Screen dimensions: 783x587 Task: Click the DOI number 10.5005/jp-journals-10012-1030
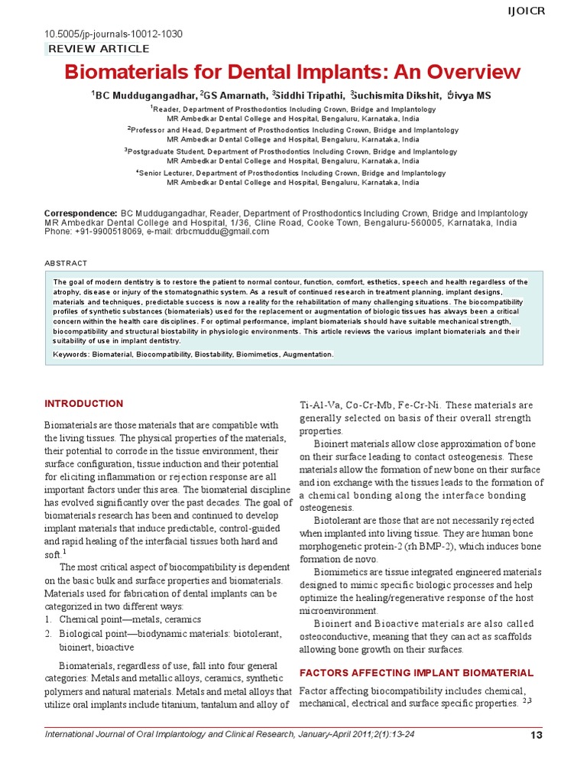coord(114,34)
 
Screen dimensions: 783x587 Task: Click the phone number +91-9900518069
coord(105,231)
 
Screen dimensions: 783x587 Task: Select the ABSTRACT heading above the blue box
coord(66,263)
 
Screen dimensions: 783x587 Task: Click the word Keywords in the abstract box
coord(71,355)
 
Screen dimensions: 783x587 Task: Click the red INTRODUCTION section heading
coord(84,404)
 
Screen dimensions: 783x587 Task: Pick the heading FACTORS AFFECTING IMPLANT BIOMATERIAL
coord(416,673)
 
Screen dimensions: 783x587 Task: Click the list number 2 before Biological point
coord(48,634)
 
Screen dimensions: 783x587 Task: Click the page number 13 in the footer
coord(535,736)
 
